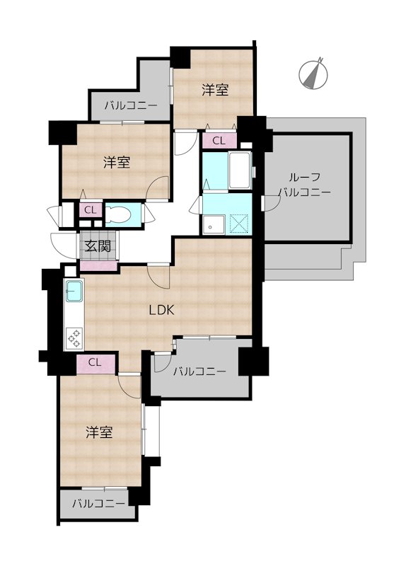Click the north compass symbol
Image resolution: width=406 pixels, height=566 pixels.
(x=313, y=74)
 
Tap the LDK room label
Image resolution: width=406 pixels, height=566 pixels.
(x=162, y=310)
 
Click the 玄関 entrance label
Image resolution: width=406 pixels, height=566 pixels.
(x=98, y=246)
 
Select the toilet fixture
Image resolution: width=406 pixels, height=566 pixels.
(x=118, y=215)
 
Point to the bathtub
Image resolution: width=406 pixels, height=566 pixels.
(x=240, y=170)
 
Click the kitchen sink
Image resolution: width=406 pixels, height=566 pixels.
(x=74, y=291)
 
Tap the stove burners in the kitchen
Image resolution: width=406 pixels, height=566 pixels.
(x=74, y=338)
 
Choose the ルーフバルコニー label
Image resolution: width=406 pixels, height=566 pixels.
(x=306, y=185)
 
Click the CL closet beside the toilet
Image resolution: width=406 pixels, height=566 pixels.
(x=91, y=210)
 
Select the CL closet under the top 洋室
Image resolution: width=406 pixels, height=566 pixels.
(x=219, y=141)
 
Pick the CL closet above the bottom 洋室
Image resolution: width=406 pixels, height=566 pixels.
(x=95, y=363)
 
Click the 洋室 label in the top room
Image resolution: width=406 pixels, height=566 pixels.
(x=215, y=90)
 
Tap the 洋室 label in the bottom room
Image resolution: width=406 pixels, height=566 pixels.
(x=99, y=432)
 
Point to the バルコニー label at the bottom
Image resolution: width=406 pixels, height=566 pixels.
(x=98, y=504)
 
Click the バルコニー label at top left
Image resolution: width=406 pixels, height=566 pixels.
(x=131, y=105)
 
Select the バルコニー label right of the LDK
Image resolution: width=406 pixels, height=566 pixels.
(x=199, y=371)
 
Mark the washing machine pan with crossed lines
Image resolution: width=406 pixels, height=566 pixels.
(x=240, y=224)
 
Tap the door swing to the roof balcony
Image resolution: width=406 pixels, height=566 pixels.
(x=272, y=203)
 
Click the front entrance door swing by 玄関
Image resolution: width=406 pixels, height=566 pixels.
(x=64, y=246)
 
